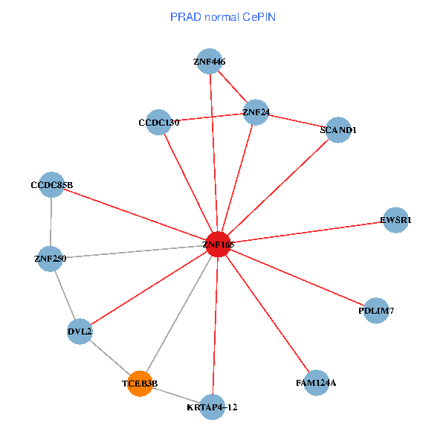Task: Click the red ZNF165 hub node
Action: (x=217, y=245)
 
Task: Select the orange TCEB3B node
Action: (x=140, y=384)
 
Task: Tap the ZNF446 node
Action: (x=210, y=61)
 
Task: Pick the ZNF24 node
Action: (x=256, y=112)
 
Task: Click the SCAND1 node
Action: (x=338, y=130)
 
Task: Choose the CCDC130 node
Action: (x=158, y=123)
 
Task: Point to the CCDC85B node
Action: (x=51, y=184)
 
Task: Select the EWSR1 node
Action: (x=395, y=220)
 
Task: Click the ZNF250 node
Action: (x=50, y=259)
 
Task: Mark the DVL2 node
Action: (x=80, y=332)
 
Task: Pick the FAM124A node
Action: (x=316, y=383)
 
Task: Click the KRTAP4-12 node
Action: (x=213, y=407)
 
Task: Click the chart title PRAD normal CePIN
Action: (x=222, y=16)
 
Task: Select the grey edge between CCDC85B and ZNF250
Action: (x=51, y=222)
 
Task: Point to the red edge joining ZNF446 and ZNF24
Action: (x=233, y=86)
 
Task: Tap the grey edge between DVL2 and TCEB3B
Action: (x=109, y=358)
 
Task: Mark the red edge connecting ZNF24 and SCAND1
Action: (x=297, y=121)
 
